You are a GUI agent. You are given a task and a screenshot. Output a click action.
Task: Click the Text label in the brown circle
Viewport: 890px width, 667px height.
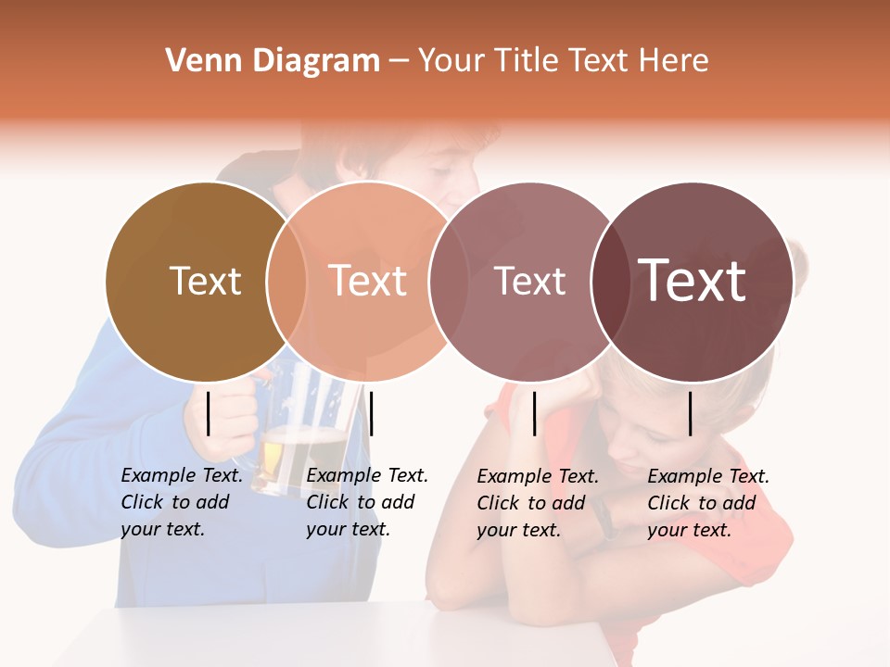point(205,281)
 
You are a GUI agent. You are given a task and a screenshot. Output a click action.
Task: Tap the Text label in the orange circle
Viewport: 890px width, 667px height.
point(368,281)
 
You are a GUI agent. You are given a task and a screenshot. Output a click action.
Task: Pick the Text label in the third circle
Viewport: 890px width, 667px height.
point(530,282)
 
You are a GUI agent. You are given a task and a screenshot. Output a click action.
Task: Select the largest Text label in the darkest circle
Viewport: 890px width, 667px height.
point(693,280)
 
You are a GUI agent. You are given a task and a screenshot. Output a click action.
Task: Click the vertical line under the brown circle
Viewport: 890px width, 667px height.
point(209,413)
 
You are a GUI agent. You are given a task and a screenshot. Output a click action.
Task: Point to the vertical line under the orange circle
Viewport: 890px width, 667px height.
point(371,413)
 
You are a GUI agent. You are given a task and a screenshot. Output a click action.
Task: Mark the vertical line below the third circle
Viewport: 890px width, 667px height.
point(535,413)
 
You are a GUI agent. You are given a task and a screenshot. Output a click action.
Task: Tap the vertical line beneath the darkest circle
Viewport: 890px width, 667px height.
point(691,413)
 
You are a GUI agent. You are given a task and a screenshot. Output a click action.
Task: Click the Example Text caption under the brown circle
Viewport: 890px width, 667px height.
point(181,502)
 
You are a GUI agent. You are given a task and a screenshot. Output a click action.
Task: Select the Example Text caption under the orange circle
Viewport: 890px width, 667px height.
point(366,502)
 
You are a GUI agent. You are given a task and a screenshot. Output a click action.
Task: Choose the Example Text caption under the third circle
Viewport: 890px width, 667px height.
point(537,503)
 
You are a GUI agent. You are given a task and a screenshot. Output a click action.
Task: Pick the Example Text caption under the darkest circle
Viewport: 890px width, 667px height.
point(707,503)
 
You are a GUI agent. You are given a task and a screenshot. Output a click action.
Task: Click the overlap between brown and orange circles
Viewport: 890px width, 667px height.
point(286,282)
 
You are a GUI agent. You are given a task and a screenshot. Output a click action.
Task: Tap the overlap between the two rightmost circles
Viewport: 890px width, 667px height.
point(611,282)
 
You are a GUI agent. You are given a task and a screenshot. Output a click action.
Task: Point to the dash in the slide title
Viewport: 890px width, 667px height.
point(399,62)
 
